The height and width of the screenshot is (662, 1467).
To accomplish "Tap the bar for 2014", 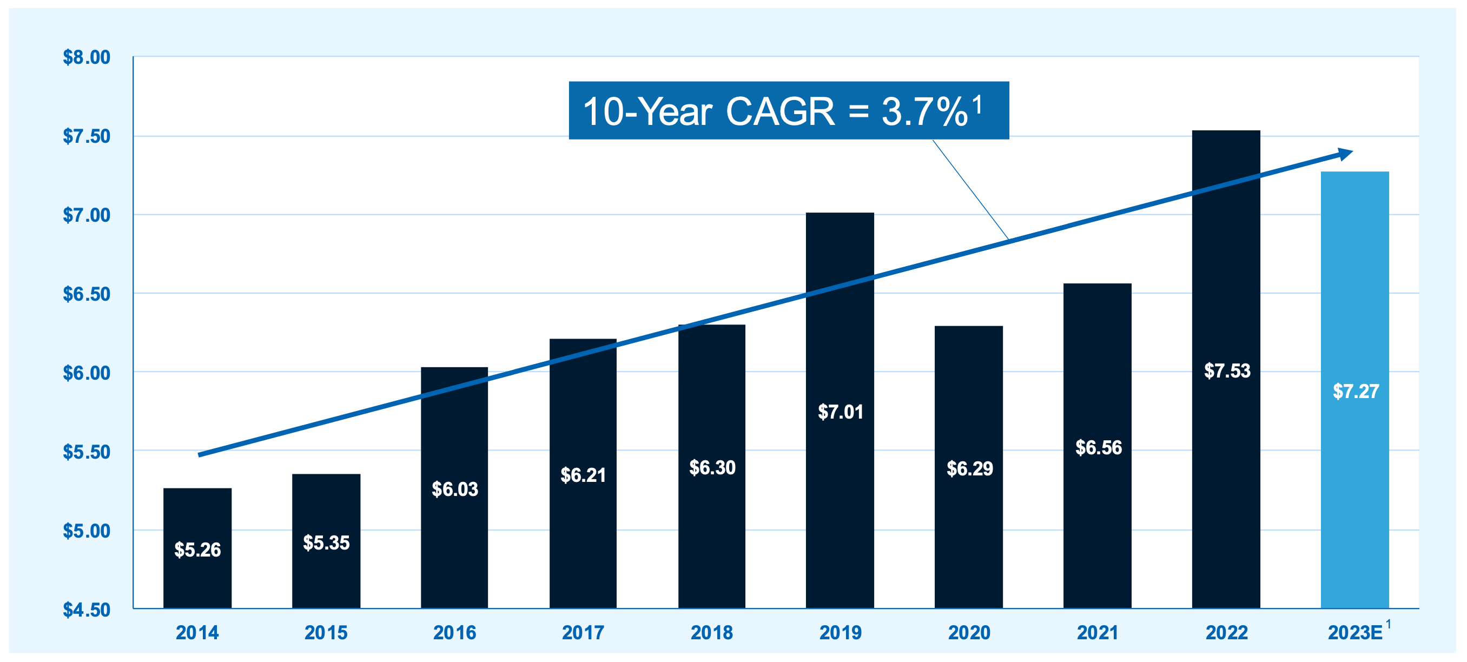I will click(x=197, y=575).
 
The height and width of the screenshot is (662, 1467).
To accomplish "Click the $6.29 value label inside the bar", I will click(x=969, y=468).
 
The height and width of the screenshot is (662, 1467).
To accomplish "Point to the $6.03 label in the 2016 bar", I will click(x=454, y=489).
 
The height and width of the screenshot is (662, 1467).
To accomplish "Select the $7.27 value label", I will click(x=1356, y=391).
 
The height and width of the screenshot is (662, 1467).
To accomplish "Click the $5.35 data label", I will click(x=326, y=542).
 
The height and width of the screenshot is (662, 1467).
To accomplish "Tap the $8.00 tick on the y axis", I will click(x=87, y=57).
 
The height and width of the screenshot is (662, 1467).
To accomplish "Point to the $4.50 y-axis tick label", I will click(x=87, y=610).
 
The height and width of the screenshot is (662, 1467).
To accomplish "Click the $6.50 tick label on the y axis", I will click(x=87, y=294).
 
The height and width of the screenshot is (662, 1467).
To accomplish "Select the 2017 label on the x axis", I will click(x=583, y=632).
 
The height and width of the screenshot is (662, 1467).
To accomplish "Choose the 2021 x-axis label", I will click(x=1098, y=632).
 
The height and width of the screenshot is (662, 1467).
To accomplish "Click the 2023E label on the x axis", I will click(x=1355, y=632).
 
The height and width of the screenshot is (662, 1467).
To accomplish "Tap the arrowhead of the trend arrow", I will click(x=1345, y=154).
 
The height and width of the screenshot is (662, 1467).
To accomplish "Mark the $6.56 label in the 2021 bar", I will click(x=1098, y=447).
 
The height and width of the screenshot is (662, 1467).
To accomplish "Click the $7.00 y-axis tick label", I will click(x=87, y=215).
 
